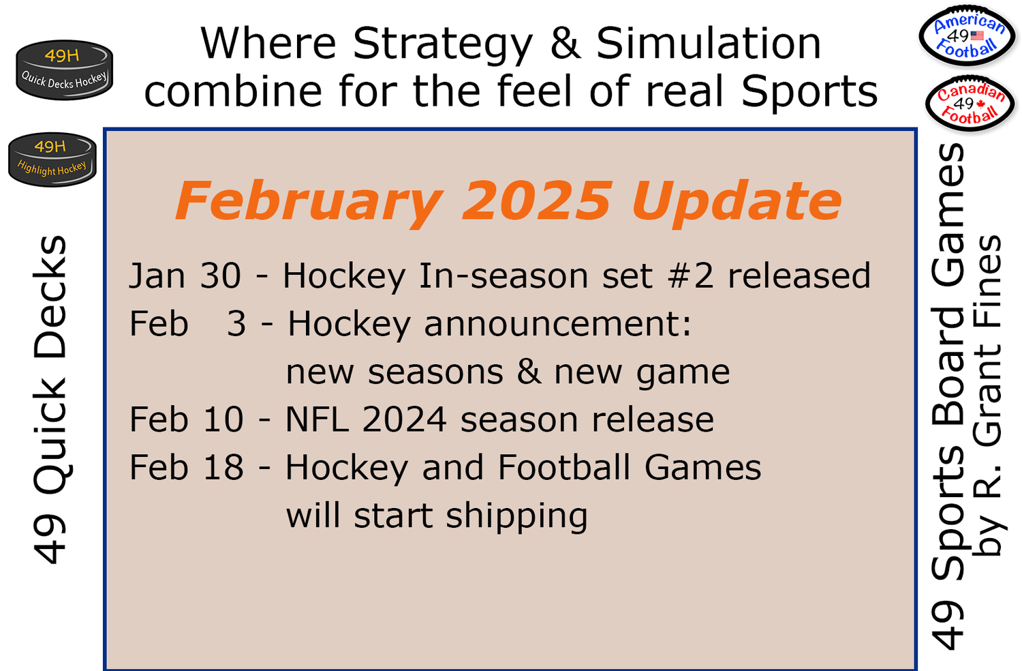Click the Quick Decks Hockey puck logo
64,70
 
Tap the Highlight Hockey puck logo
52,159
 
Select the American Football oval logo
967,36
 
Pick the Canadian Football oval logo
970,104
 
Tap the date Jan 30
185,276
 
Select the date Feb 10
186,419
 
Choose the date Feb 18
186,468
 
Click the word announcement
557,324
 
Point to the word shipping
516,517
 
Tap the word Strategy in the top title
443,44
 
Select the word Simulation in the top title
709,44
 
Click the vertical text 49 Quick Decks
50,400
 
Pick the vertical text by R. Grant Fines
988,396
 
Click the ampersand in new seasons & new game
529,372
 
